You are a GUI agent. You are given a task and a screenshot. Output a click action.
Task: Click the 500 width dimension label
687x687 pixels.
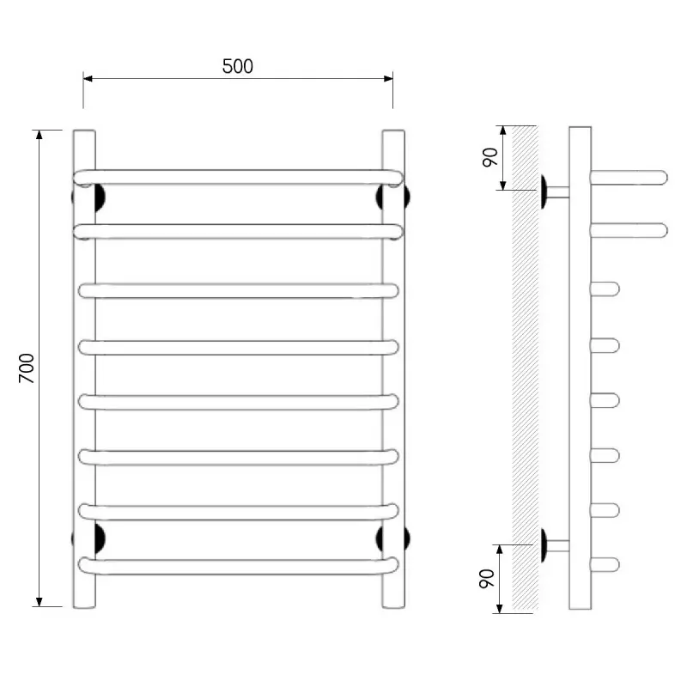click(x=238, y=66)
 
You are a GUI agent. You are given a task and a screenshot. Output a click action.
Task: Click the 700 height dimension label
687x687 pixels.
click(x=27, y=368)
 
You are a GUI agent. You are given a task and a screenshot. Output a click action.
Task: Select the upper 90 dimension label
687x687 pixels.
click(x=490, y=157)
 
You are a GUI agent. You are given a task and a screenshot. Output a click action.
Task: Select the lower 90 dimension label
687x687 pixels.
click(x=487, y=578)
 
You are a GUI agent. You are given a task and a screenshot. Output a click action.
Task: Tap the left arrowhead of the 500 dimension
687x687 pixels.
click(x=88, y=79)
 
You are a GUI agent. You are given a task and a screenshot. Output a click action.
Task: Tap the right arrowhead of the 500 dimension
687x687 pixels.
click(x=388, y=79)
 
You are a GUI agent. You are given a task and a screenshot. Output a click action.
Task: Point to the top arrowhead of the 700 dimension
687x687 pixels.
click(x=40, y=135)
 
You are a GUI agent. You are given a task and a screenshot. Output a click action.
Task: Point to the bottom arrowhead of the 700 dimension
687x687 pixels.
click(x=40, y=602)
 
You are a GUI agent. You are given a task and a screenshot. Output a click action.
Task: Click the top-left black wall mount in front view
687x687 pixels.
click(x=100, y=198)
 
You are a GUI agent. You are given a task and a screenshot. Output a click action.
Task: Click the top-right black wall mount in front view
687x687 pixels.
click(x=380, y=198)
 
